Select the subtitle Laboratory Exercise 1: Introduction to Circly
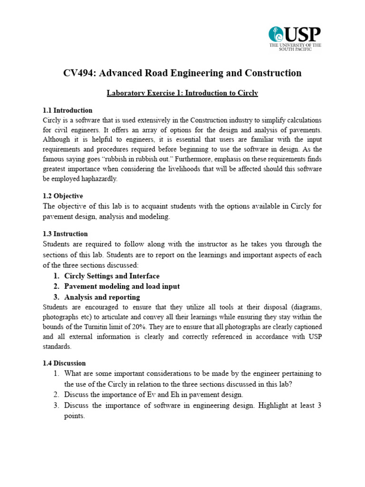point(182,93)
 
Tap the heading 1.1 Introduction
point(67,110)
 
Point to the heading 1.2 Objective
point(63,196)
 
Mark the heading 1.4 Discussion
point(64,363)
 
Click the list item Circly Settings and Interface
point(112,276)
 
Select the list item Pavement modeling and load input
point(122,287)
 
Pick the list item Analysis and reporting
point(102,297)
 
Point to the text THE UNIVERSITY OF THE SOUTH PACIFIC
point(295,47)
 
